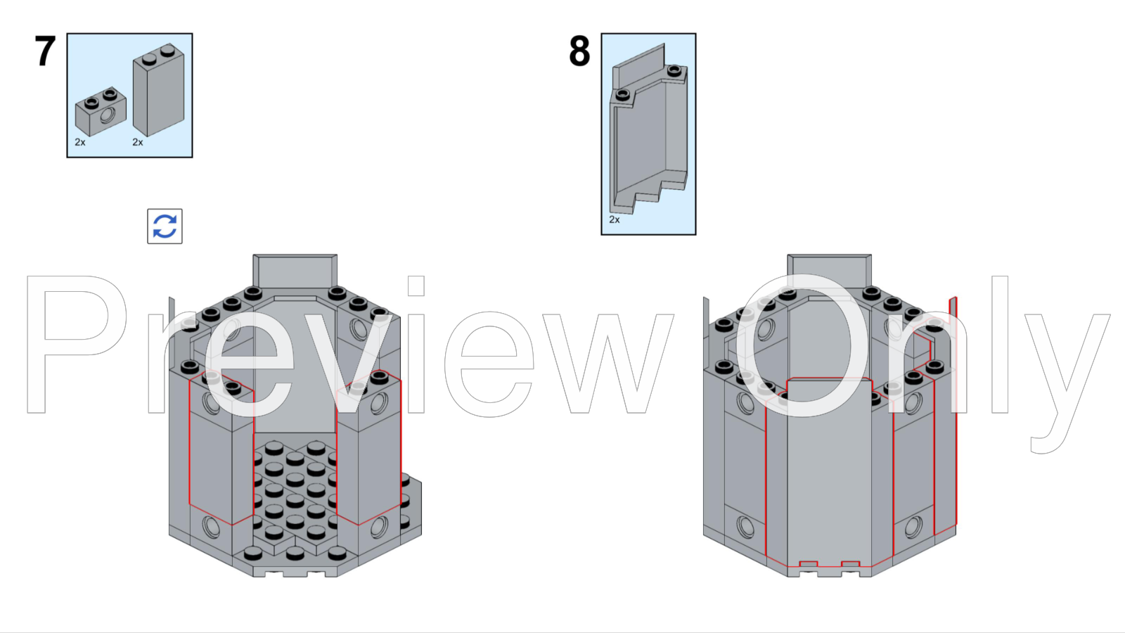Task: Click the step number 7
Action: pos(46,51)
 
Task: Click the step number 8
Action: pos(579,51)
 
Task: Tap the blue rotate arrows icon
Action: pos(165,226)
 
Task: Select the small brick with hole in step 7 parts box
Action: pos(101,112)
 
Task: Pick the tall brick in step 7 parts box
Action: pos(159,91)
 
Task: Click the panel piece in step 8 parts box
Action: pos(647,134)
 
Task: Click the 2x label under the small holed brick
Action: pos(80,142)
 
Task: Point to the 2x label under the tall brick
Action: pos(138,142)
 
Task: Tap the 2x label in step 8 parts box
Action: pos(615,219)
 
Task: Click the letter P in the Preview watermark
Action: pos(70,345)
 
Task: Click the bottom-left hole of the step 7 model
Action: pos(211,525)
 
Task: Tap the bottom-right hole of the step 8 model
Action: pos(913,525)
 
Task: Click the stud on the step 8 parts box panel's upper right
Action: pos(674,70)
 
